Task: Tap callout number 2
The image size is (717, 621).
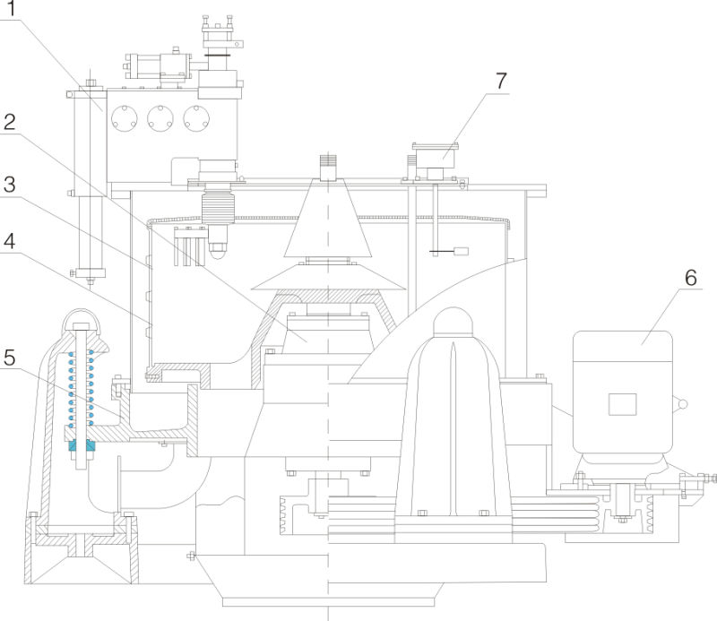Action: (x=11, y=123)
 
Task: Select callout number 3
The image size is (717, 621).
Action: (x=11, y=185)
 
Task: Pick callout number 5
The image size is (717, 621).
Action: (x=11, y=358)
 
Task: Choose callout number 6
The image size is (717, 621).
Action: (x=690, y=278)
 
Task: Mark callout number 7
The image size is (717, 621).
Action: (x=499, y=81)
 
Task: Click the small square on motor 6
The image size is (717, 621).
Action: (x=621, y=403)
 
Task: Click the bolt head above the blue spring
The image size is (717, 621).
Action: (x=79, y=326)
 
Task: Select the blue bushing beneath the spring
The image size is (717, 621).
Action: (x=80, y=445)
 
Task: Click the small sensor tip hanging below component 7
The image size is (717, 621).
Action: (x=462, y=253)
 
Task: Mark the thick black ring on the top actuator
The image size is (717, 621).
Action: (x=217, y=56)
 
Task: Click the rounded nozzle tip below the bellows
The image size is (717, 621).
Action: (x=217, y=254)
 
